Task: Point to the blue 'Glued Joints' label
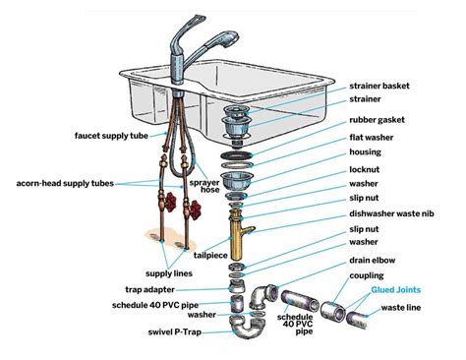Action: pyautogui.click(x=399, y=291)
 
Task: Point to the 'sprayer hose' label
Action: pyautogui.click(x=202, y=189)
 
